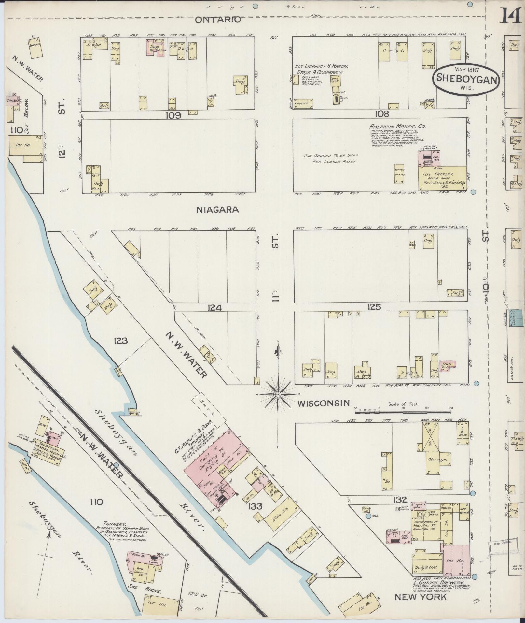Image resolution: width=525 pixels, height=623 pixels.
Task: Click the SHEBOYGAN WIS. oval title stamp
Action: coord(466,79)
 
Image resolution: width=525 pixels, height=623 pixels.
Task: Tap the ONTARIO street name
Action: coord(218,20)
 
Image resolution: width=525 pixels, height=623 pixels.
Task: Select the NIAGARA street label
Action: coord(218,210)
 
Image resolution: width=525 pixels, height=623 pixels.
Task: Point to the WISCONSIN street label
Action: coord(324,404)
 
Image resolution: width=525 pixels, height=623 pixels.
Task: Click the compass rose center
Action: coord(278,394)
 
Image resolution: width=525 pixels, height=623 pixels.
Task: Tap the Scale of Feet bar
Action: coord(403,412)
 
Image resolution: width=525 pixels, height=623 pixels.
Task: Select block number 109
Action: coord(173,115)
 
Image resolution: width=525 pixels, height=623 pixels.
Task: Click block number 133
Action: coord(256,506)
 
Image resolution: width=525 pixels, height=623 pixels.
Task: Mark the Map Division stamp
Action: coord(502,542)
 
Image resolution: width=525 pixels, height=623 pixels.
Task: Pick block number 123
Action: coord(120,341)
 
